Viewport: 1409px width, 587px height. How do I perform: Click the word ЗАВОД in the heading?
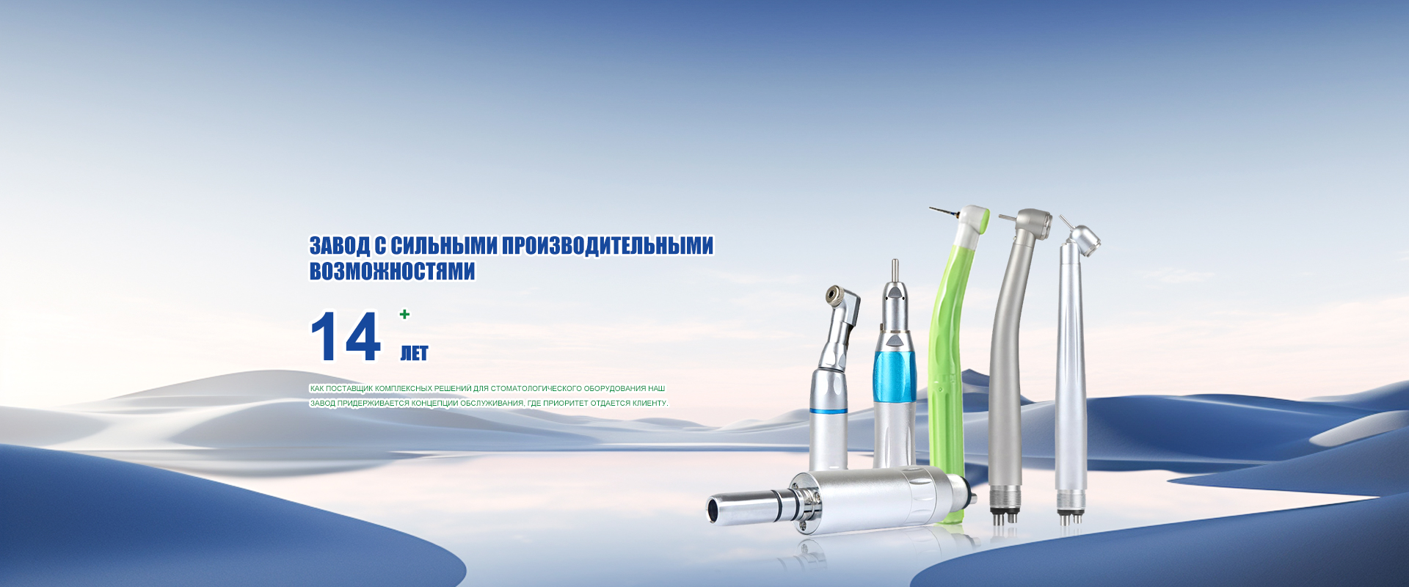pyautogui.click(x=339, y=245)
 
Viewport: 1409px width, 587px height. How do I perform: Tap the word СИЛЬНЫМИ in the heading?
pyautogui.click(x=444, y=245)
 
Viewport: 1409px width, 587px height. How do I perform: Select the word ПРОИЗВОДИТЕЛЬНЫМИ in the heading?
pyautogui.click(x=608, y=245)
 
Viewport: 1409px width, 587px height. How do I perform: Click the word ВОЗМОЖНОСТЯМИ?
pyautogui.click(x=392, y=271)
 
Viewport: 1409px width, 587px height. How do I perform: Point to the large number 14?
pyautogui.click(x=346, y=337)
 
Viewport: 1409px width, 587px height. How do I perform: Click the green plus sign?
pyautogui.click(x=404, y=314)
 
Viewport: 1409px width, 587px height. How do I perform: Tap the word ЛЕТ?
pyautogui.click(x=414, y=354)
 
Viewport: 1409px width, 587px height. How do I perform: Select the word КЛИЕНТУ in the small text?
pyautogui.click(x=649, y=403)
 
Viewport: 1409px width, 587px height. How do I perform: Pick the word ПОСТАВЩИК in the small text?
pyautogui.click(x=349, y=388)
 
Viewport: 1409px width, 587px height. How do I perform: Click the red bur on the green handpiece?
pyautogui.click(x=945, y=214)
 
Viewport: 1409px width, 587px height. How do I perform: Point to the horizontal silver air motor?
pyautogui.click(x=841, y=498)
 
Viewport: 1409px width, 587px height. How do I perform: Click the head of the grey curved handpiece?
pyautogui.click(x=1033, y=222)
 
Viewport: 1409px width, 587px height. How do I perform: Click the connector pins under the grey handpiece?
pyautogui.click(x=1003, y=514)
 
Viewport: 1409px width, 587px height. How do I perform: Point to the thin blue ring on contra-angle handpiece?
pyautogui.click(x=829, y=411)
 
